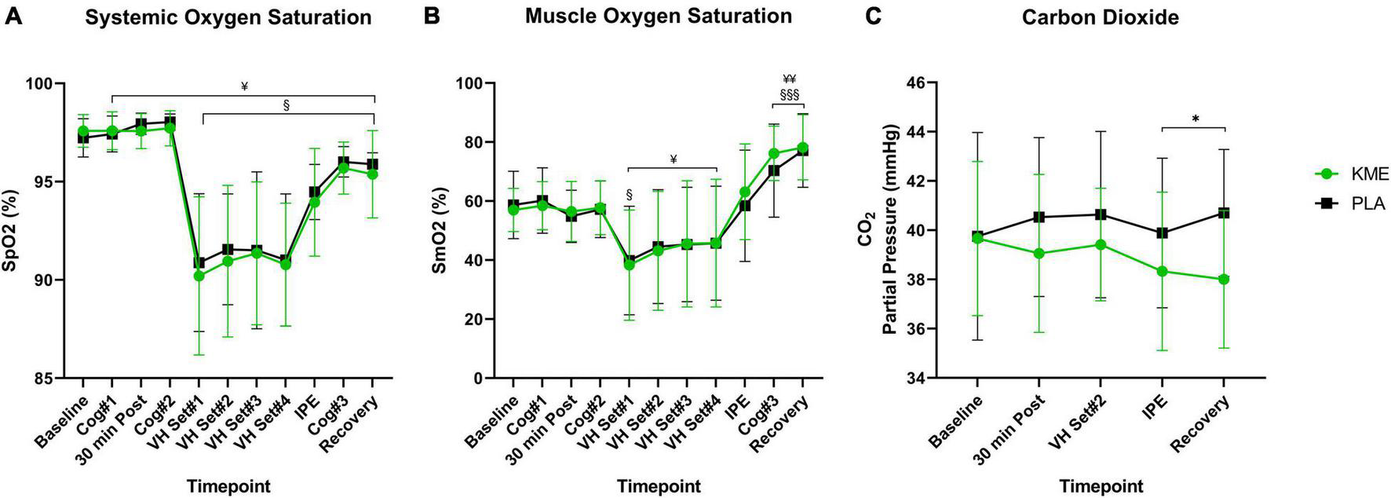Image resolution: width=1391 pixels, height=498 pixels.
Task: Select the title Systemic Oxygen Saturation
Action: point(228,16)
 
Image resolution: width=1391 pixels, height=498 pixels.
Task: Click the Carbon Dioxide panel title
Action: point(1100,16)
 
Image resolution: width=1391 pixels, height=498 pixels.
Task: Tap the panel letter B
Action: point(431,15)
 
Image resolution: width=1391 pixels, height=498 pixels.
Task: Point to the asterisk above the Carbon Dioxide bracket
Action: point(1194,119)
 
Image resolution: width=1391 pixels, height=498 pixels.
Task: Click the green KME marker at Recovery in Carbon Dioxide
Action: point(1224,279)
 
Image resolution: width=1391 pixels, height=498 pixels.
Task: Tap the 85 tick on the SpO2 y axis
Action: point(49,379)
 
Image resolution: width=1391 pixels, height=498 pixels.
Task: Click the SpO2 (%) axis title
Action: point(10,231)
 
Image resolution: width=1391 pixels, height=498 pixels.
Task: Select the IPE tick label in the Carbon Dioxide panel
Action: point(1152,407)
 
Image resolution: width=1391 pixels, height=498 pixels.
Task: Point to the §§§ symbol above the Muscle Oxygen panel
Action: point(789,94)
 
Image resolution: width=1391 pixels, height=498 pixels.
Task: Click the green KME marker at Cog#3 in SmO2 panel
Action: point(773,154)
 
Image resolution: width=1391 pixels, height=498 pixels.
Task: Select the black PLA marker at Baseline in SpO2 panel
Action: point(82,138)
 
